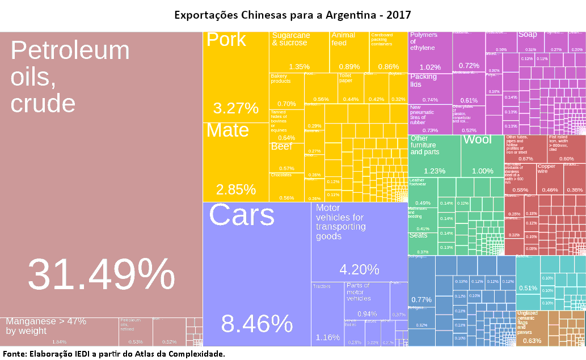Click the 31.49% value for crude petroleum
[x=101, y=275]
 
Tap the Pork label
[x=226, y=40]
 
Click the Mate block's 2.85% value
[x=235, y=189]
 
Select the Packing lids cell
[x=430, y=88]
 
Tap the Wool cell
[x=482, y=156]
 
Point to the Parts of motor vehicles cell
[x=366, y=300]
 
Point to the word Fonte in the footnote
[x=15, y=354]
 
